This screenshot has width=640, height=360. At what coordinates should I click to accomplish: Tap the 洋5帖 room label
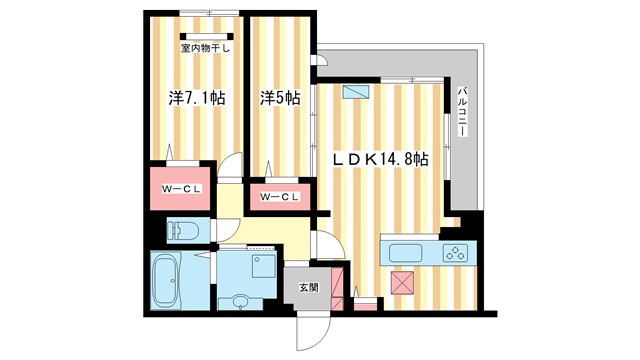pos(281,98)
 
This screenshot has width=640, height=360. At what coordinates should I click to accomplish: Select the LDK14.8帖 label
pos(381,159)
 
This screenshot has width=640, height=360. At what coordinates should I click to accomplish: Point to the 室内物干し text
pos(204,46)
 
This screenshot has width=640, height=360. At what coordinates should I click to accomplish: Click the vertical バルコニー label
pos(464,110)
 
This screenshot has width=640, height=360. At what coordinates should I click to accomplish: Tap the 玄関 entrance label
pos(307,287)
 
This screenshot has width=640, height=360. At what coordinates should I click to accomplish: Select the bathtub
pos(166,279)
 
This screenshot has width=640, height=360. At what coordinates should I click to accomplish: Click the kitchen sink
pos(407,252)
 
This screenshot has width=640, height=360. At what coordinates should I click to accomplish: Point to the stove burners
pos(456,252)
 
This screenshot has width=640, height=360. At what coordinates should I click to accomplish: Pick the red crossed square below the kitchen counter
pos(403,283)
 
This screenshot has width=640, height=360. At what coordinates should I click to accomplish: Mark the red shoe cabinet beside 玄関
pos(364,303)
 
